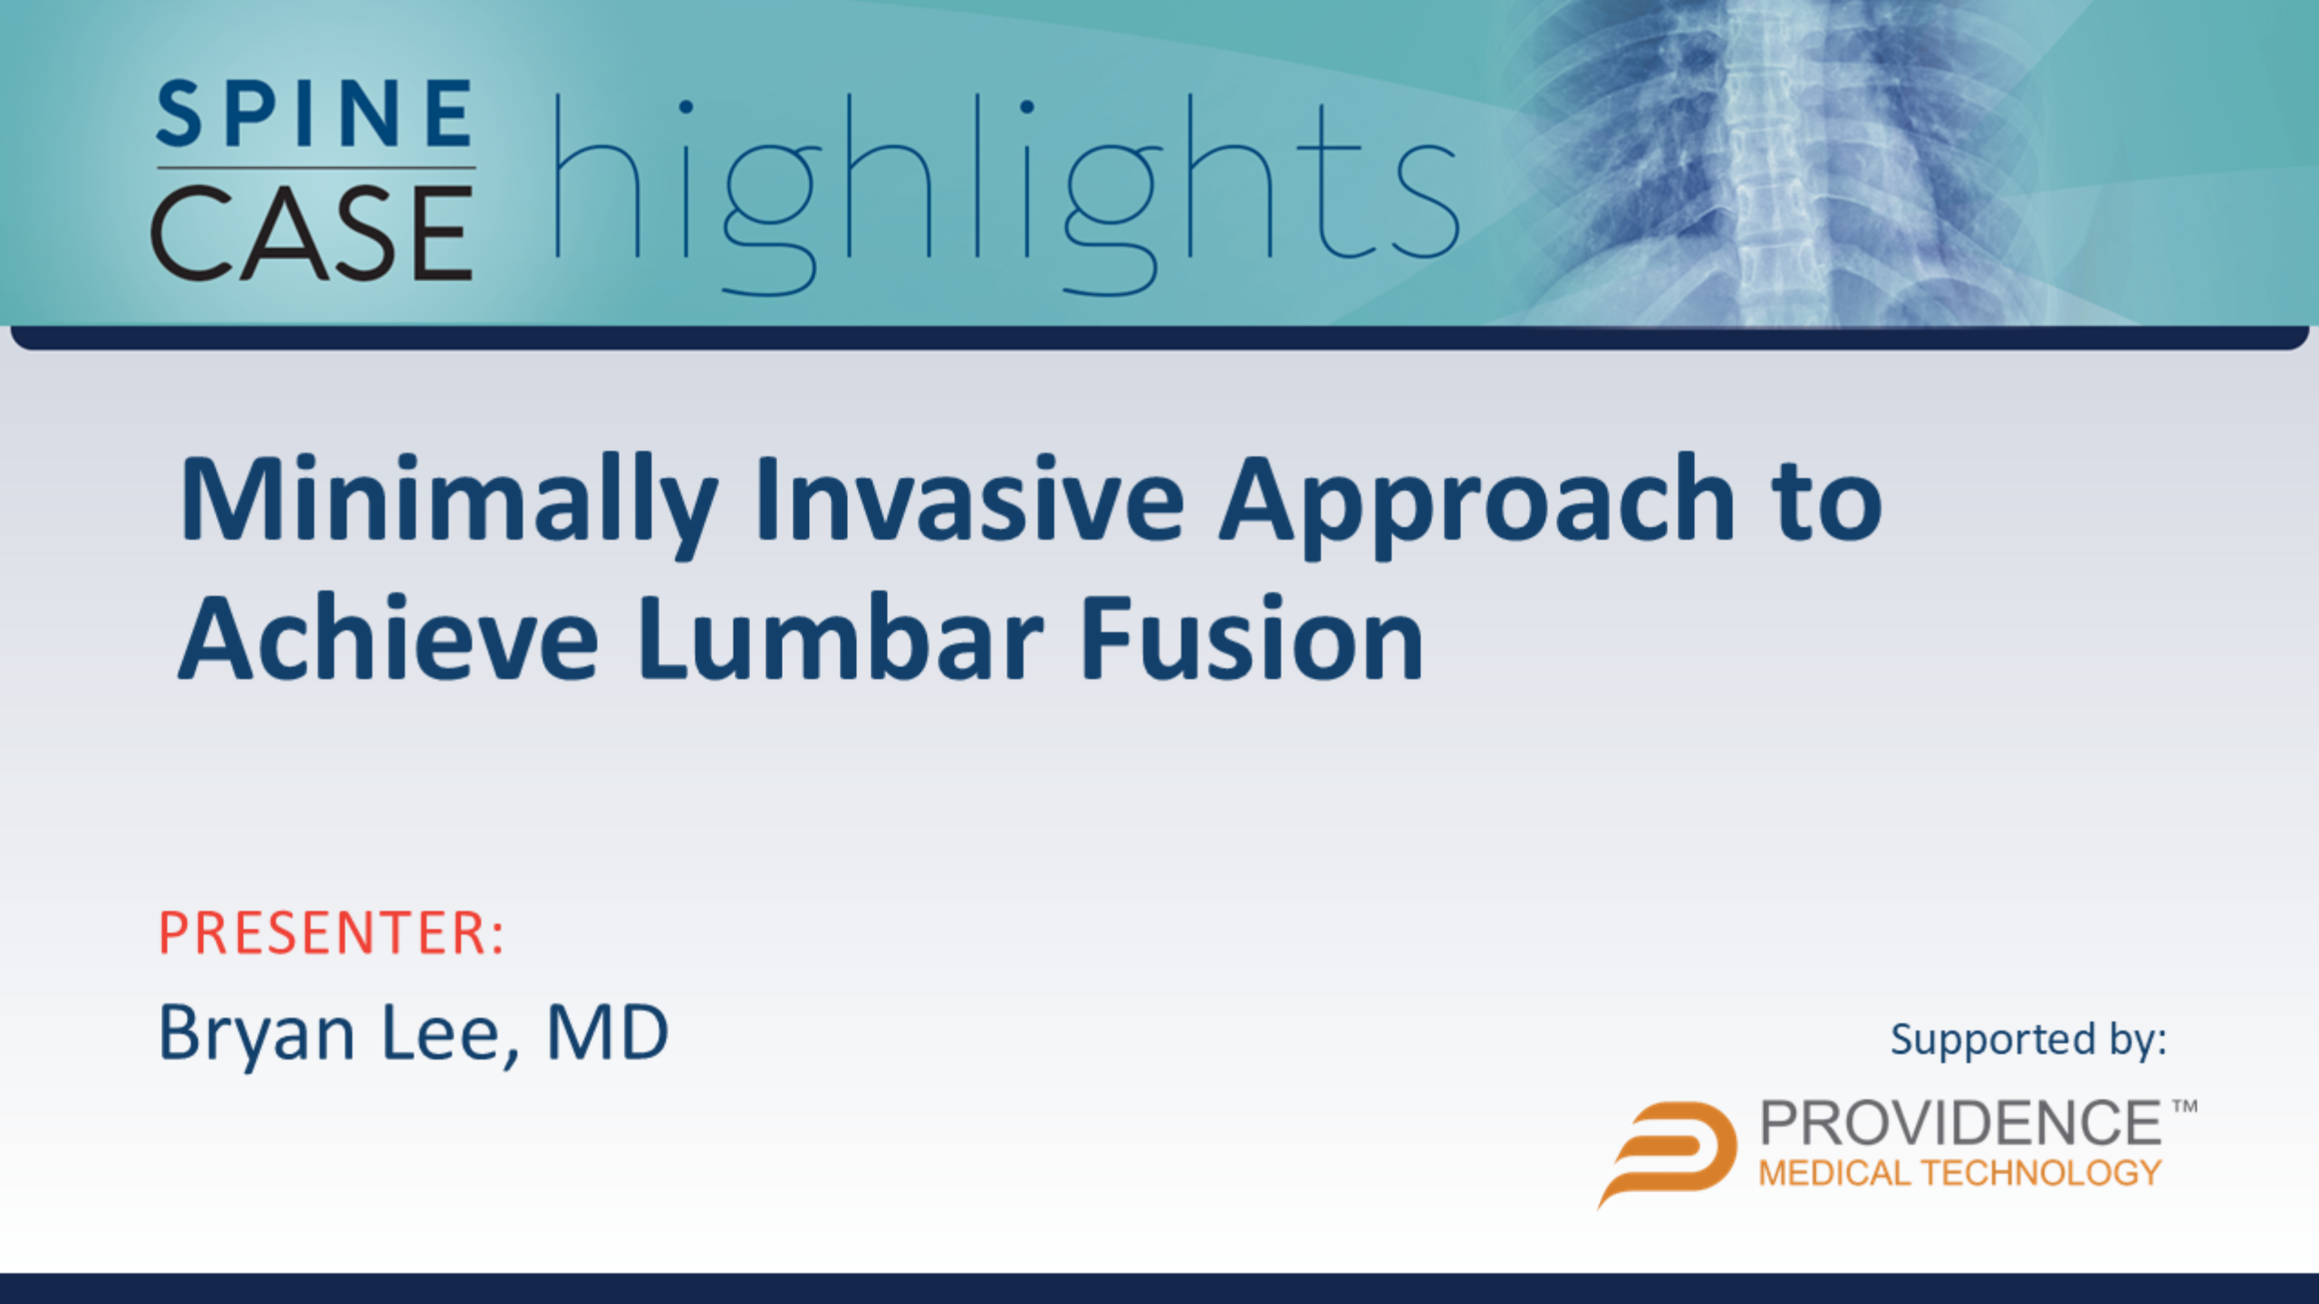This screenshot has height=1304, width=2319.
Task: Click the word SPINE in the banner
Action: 314,113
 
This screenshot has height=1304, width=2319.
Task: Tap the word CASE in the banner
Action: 313,233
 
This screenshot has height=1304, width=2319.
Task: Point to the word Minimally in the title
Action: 449,504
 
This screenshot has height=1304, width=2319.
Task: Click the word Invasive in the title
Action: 970,499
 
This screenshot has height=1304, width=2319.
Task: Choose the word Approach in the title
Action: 1476,504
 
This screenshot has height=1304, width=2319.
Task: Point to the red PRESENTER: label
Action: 331,933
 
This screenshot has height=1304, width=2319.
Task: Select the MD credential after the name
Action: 608,1033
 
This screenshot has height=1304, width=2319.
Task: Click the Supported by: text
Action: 2028,1040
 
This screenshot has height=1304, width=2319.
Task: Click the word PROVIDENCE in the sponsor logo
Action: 1961,1124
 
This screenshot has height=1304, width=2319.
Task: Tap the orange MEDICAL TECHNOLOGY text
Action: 1960,1174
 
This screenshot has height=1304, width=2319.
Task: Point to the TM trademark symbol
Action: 2184,1107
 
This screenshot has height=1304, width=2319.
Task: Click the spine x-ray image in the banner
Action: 1803,163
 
